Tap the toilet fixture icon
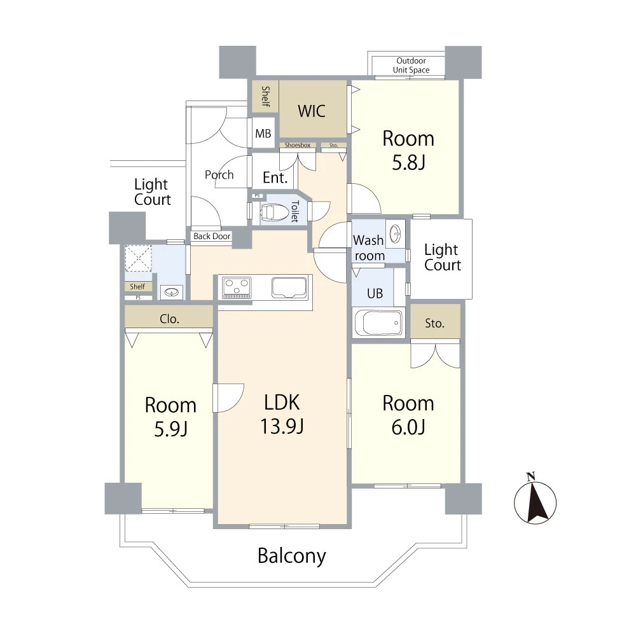coord(273,212)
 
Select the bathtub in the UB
coord(378,323)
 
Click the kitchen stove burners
coord(237,287)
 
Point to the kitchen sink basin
coord(289,287)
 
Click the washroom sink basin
coord(395,233)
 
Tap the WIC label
coord(312,111)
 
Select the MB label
coord(263,134)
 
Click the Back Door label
coord(212,236)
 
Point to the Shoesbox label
coord(298,145)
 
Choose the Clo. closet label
coord(169,319)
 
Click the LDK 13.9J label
coord(282,414)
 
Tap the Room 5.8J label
coord(408,150)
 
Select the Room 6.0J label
coord(408,415)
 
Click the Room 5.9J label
coord(170,417)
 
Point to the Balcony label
coord(292,556)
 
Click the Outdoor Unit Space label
coord(411,66)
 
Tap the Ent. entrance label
coord(275,177)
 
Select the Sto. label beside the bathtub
coord(435,323)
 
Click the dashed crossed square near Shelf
coord(138,258)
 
